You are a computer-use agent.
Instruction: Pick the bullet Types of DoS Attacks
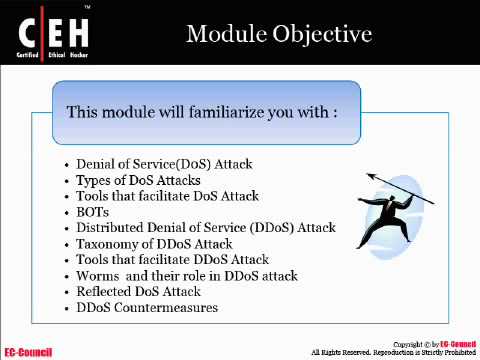(138, 180)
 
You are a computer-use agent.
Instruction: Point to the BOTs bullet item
(93, 212)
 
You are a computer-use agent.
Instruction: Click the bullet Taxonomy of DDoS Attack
(154, 244)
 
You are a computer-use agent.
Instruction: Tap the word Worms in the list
(97, 276)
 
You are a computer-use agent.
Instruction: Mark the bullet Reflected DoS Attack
(146, 292)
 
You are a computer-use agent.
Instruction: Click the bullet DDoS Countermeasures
(147, 308)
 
